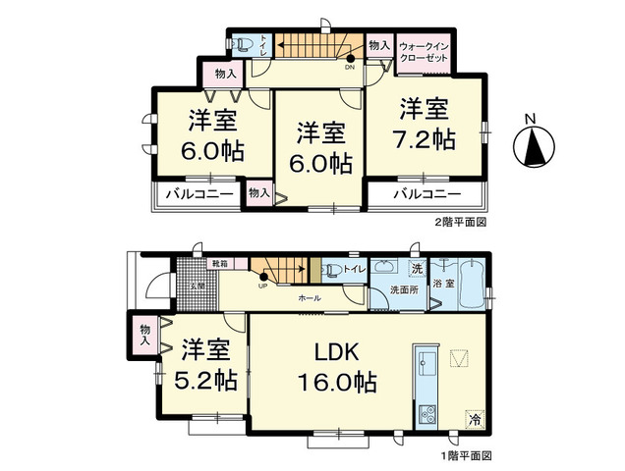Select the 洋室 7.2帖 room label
coord(426,123)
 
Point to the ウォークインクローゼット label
coord(424,52)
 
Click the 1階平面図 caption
coord(465,456)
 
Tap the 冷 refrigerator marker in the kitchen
coord(475,419)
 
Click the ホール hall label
coord(309,295)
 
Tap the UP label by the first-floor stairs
coord(263,287)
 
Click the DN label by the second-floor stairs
coord(349,68)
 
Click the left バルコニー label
coord(199,194)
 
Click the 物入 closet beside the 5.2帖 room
coord(145,335)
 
